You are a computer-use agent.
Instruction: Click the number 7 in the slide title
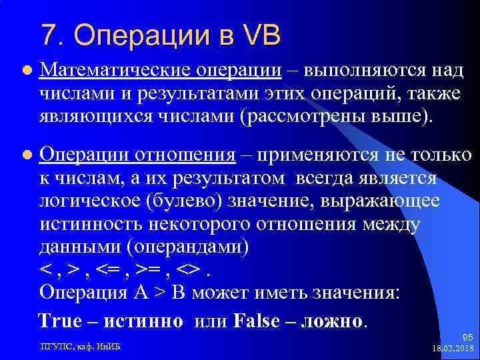pos(48,33)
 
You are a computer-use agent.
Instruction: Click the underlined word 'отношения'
pos(186,155)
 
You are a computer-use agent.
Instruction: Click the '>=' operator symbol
pos(151,270)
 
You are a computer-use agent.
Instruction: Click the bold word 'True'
pos(61,321)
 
